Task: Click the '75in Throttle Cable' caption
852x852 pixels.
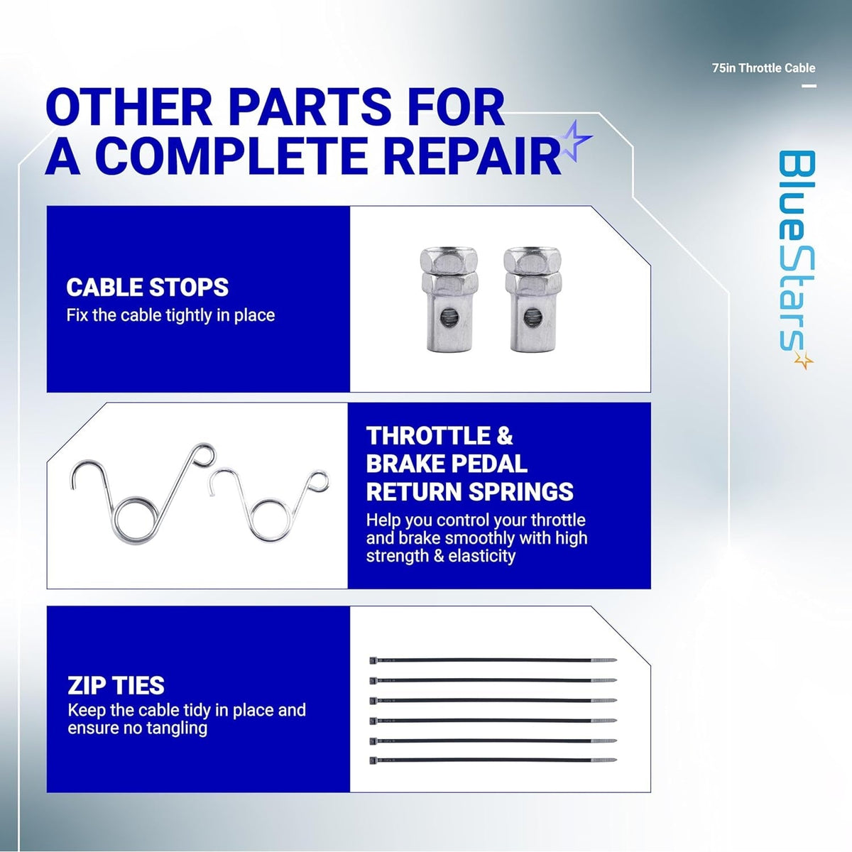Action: tap(763, 68)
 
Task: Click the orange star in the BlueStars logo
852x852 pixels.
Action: tap(803, 360)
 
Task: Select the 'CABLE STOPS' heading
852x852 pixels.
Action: tap(147, 288)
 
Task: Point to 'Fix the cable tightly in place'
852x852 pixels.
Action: tap(170, 315)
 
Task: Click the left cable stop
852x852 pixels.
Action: tap(448, 300)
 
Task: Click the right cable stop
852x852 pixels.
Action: tap(532, 300)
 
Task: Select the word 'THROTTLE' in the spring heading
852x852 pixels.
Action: tap(428, 436)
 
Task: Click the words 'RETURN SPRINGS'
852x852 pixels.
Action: tap(470, 491)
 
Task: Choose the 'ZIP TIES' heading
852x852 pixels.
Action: tap(116, 686)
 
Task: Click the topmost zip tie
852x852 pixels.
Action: tap(493, 660)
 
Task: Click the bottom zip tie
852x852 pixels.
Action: tap(493, 760)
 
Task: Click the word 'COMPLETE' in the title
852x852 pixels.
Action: tap(231, 156)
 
